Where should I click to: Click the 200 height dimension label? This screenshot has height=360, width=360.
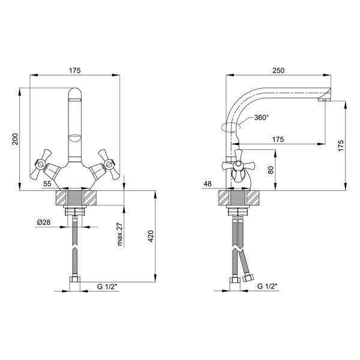tap(15, 139)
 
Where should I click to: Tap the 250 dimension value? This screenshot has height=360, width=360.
tap(278, 70)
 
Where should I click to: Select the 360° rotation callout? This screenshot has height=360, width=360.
tap(262, 118)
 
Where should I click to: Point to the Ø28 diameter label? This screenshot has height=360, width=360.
tap(44, 222)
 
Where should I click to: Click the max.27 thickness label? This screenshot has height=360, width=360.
tap(120, 234)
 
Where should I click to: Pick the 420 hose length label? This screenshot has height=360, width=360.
tap(151, 236)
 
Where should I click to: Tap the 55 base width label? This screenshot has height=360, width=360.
tap(47, 184)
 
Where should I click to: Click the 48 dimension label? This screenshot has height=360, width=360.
tap(208, 184)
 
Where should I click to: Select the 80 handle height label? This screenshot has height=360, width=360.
tap(271, 170)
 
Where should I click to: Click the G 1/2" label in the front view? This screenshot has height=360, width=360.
tap(107, 287)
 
